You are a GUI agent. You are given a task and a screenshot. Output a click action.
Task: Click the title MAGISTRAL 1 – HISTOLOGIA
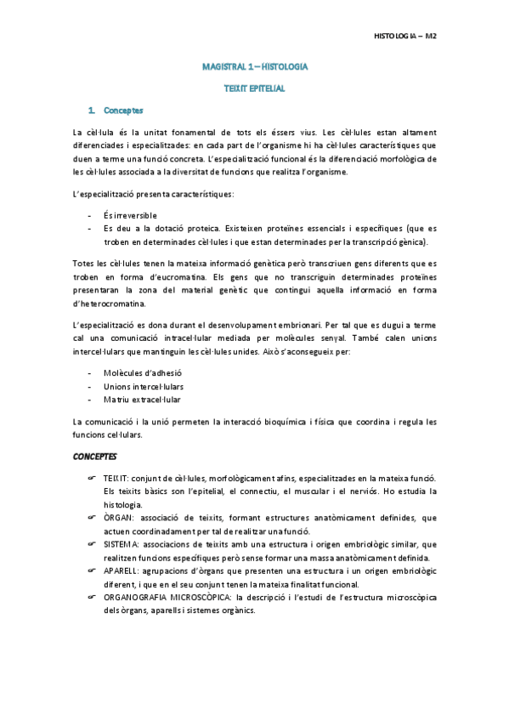click(x=255, y=65)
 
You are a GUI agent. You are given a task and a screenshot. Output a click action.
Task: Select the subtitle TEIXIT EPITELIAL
click(x=255, y=88)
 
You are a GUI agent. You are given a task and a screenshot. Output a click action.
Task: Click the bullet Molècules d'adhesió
click(x=142, y=373)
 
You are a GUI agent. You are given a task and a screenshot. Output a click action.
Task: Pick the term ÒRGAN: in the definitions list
click(x=118, y=518)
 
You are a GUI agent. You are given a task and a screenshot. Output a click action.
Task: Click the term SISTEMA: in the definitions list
click(x=122, y=544)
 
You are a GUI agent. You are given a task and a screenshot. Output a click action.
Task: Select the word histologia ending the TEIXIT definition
click(x=124, y=505)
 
